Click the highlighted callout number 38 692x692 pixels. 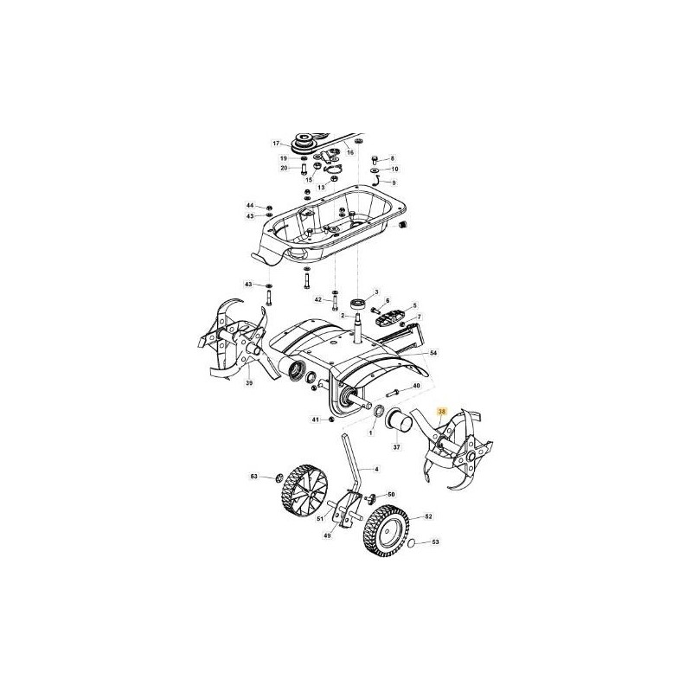click(443, 412)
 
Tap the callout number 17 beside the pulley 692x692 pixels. click(277, 144)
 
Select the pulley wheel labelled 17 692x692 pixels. click(304, 143)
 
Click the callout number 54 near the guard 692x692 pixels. click(434, 355)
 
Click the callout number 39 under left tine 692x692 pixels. click(248, 383)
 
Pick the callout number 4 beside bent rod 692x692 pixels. click(377, 468)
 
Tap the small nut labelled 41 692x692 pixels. click(330, 420)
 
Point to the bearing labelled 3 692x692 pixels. click(356, 304)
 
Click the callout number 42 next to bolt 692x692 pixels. click(318, 299)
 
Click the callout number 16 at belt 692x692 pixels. click(350, 152)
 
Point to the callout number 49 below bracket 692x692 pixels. click(327, 535)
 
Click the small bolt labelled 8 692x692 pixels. click(375, 159)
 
